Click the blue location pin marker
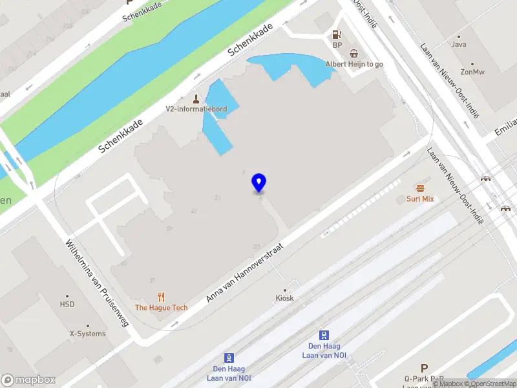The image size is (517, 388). [x=258, y=182]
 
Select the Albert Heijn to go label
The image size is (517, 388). [x=354, y=64]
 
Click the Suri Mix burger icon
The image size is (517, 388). [x=420, y=188]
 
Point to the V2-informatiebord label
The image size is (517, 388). [x=196, y=109]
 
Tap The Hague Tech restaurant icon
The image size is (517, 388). [x=161, y=297]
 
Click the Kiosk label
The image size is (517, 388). [x=284, y=298]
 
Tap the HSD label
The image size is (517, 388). [x=67, y=304]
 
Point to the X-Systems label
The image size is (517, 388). [x=87, y=334]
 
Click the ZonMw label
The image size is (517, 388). [x=472, y=72]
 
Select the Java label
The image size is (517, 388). [x=459, y=45]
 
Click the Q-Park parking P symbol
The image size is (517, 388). [x=425, y=367]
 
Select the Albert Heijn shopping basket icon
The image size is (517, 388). [x=353, y=54]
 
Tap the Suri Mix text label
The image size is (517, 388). [x=420, y=199]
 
